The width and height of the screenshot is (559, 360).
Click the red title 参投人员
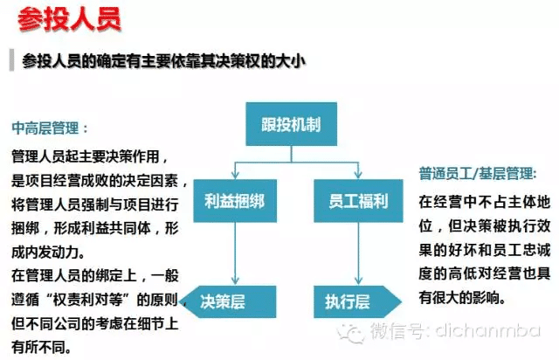pos(69,19)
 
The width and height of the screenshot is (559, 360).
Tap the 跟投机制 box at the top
pos(291,124)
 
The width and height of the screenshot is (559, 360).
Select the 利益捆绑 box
pos(235,201)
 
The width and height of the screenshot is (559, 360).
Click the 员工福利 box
pos(358,201)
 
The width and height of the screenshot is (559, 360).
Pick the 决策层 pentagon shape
pos(229,301)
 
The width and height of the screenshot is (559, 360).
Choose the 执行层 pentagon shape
pos(357,301)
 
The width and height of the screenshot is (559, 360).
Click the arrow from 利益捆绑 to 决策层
pos(235,253)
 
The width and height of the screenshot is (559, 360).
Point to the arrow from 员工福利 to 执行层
pos(358,253)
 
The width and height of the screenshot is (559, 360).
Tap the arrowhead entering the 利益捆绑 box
pos(235,175)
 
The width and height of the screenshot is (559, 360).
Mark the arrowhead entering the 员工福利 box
pos(358,175)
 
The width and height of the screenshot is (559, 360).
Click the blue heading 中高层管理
pos(45,128)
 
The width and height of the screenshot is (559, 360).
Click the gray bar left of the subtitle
pos(11,60)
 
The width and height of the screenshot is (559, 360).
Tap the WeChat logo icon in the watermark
pos(350,333)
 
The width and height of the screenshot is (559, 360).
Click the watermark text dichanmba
pos(488,330)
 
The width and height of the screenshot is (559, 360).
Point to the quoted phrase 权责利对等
pos(87,300)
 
